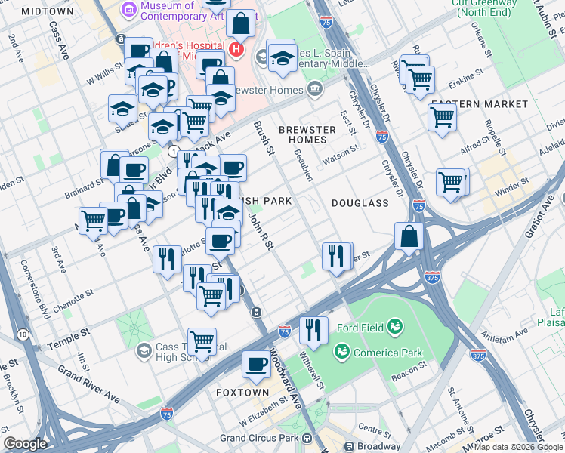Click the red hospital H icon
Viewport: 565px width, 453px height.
click(x=236, y=50)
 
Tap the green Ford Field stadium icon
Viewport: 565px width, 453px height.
click(x=394, y=326)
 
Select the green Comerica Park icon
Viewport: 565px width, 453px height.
click(x=341, y=352)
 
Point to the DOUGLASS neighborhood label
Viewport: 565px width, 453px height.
click(x=360, y=203)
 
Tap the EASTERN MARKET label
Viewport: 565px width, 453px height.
click(x=479, y=103)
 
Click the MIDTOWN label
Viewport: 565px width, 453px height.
click(x=48, y=11)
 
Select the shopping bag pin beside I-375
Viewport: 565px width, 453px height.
click(x=409, y=236)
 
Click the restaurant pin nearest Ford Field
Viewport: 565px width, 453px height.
click(x=313, y=329)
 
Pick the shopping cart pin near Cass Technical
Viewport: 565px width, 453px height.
click(x=202, y=341)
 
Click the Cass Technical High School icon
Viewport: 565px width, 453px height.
click(x=144, y=351)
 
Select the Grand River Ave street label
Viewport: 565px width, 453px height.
click(x=89, y=384)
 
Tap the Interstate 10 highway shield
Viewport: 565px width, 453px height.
click(x=23, y=334)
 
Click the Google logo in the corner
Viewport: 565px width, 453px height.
click(x=26, y=444)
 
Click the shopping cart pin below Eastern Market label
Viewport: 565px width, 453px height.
click(x=442, y=117)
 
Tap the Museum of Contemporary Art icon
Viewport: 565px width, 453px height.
click(x=125, y=11)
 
